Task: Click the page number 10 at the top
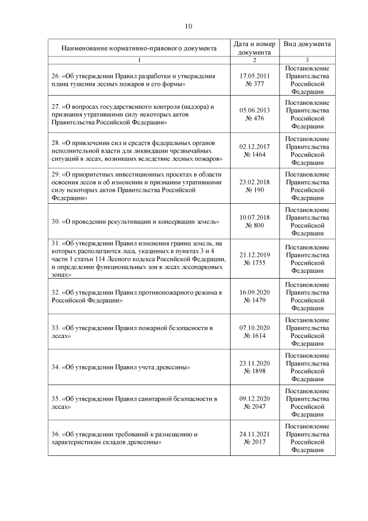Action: (188, 26)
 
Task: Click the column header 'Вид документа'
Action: (307, 44)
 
